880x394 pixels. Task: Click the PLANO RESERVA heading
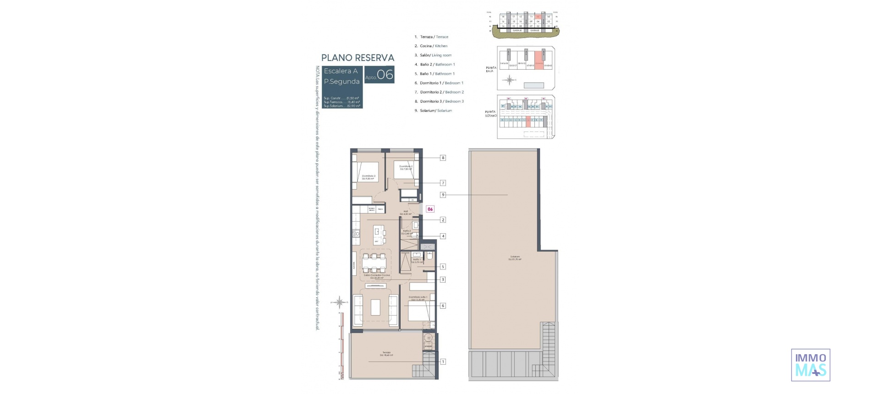[x=357, y=58]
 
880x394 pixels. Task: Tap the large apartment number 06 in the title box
[x=385, y=75]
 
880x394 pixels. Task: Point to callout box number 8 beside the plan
[x=443, y=158]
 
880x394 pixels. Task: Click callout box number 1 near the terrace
[x=443, y=361]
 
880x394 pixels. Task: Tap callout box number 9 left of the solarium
[x=443, y=195]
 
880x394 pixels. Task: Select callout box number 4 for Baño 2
[x=443, y=236]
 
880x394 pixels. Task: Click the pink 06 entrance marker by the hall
[x=430, y=209]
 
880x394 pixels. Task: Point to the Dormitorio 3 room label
[x=368, y=177]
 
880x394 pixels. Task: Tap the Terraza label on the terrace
[x=386, y=353]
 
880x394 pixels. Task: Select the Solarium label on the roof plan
[x=515, y=257]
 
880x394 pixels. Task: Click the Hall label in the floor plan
[x=406, y=212]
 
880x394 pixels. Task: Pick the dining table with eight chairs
[x=374, y=263]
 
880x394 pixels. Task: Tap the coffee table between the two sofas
[x=375, y=307]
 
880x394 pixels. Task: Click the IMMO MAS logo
[x=810, y=365]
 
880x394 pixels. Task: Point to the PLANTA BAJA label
[x=491, y=69]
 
